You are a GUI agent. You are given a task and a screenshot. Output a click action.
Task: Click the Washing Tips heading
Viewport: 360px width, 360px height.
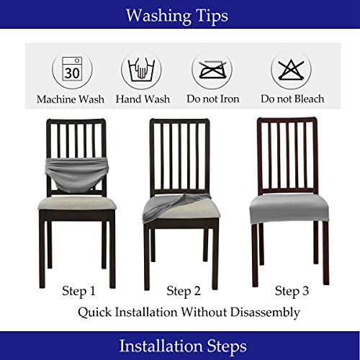pyautogui.click(x=179, y=15)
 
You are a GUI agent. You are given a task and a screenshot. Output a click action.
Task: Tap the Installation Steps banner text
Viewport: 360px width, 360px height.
pyautogui.click(x=179, y=345)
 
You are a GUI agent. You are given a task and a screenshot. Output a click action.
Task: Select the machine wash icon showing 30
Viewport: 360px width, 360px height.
pyautogui.click(x=71, y=71)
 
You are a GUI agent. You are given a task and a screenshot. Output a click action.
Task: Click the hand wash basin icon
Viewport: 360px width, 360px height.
pyautogui.click(x=140, y=71)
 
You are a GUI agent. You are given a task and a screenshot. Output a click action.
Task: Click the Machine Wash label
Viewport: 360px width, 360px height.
pyautogui.click(x=71, y=99)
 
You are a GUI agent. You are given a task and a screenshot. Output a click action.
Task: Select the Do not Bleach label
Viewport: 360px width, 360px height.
pyautogui.click(x=292, y=99)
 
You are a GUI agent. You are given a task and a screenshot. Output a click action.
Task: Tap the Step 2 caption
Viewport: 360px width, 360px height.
pyautogui.click(x=183, y=291)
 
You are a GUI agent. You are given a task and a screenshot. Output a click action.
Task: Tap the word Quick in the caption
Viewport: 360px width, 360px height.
pyautogui.click(x=96, y=312)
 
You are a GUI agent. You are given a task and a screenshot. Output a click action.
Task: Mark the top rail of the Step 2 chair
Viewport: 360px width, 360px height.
pyautogui.click(x=180, y=121)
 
